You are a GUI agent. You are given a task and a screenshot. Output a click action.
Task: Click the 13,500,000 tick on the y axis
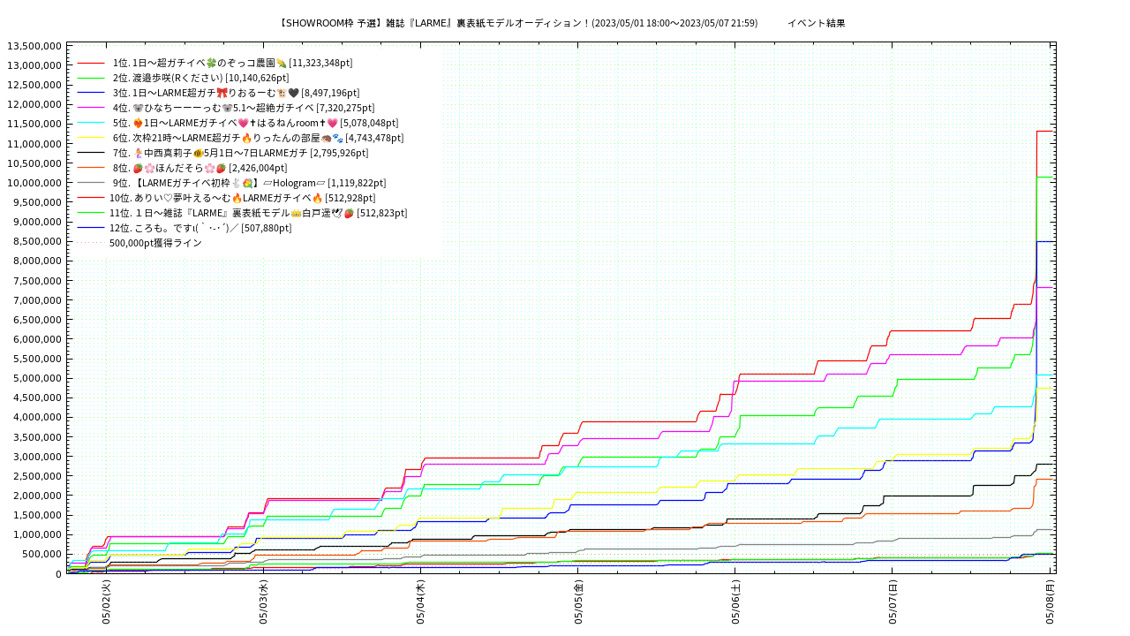coord(34,46)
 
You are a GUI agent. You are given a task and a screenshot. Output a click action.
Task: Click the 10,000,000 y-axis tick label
coord(34,183)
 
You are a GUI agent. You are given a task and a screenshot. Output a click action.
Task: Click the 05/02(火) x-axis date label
coord(106,602)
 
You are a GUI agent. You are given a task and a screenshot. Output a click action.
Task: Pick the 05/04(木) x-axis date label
coord(421,602)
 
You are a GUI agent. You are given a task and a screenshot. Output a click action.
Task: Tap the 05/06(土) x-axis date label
coord(736,602)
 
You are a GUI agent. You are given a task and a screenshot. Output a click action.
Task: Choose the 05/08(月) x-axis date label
coord(1051,602)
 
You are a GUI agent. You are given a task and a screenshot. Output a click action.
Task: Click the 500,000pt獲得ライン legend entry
coord(155,243)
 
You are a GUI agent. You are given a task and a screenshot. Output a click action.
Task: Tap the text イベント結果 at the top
coord(816,23)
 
